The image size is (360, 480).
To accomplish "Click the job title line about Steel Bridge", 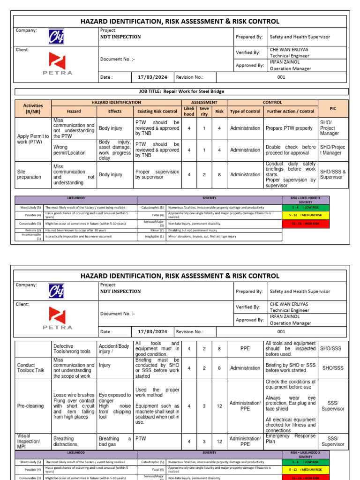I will point(181,92).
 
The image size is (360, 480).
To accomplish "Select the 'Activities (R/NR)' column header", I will point(33,109).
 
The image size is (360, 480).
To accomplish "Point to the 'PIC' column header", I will point(333,108).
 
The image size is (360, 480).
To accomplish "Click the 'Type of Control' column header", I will point(245,112).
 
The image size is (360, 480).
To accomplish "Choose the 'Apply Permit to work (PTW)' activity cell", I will point(33,139).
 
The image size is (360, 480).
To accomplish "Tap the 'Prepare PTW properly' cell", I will point(289,128).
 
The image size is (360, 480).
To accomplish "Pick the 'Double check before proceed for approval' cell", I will point(291,150).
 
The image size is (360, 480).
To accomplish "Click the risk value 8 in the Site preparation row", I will point(219,175).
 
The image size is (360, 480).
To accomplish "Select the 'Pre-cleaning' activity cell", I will point(30,406).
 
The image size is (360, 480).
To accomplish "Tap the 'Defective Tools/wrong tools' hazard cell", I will point(72,349).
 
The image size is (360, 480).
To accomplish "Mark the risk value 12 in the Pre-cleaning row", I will point(219,406).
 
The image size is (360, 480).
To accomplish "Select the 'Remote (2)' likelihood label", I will point(31,230).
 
